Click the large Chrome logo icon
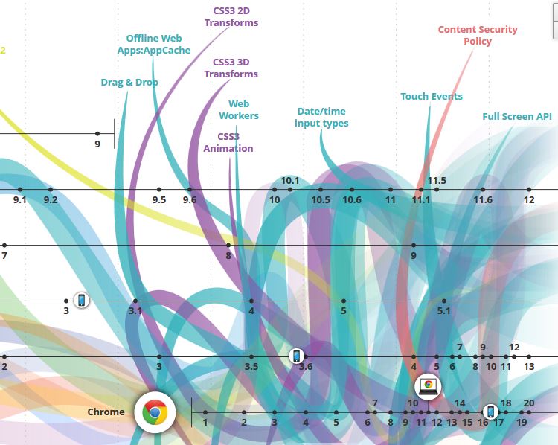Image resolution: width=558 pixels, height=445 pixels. [x=155, y=412]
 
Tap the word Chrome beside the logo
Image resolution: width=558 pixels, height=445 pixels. [x=106, y=412]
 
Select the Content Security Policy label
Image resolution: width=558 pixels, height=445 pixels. [x=478, y=35]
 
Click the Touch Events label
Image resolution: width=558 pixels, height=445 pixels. [x=432, y=96]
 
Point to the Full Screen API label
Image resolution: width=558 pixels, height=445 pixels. [x=517, y=116]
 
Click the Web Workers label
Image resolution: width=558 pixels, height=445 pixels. [x=239, y=109]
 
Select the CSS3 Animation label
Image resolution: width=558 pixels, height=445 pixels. [x=228, y=142]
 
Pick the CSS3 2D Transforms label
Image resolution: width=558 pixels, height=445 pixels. [x=231, y=16]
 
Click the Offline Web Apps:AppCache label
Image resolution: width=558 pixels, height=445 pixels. [x=158, y=44]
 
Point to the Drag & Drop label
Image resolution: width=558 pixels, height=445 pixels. [x=129, y=82]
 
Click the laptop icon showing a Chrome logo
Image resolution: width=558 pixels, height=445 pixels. [x=429, y=385]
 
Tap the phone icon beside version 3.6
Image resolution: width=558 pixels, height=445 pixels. [x=296, y=356]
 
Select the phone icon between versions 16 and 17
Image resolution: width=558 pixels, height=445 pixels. [x=490, y=412]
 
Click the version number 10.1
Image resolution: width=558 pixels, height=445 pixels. [x=290, y=180]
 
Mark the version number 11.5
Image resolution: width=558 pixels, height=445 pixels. [x=437, y=180]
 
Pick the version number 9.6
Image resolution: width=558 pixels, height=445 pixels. [x=190, y=199]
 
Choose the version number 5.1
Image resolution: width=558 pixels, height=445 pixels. [x=444, y=310]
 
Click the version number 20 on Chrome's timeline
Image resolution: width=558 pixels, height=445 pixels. [x=529, y=403]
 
